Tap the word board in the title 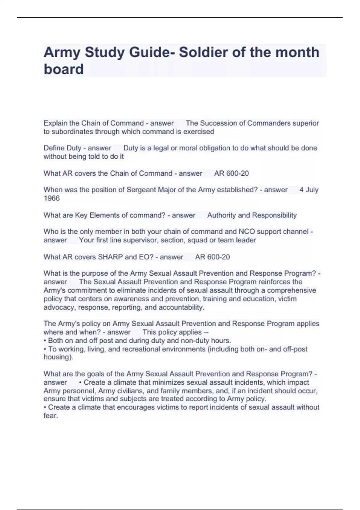tap(64, 69)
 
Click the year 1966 tap(52, 198)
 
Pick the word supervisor tap(140, 240)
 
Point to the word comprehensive tap(291, 290)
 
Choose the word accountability tap(181, 307)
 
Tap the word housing tap(58, 357)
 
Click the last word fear tap(50, 416)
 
